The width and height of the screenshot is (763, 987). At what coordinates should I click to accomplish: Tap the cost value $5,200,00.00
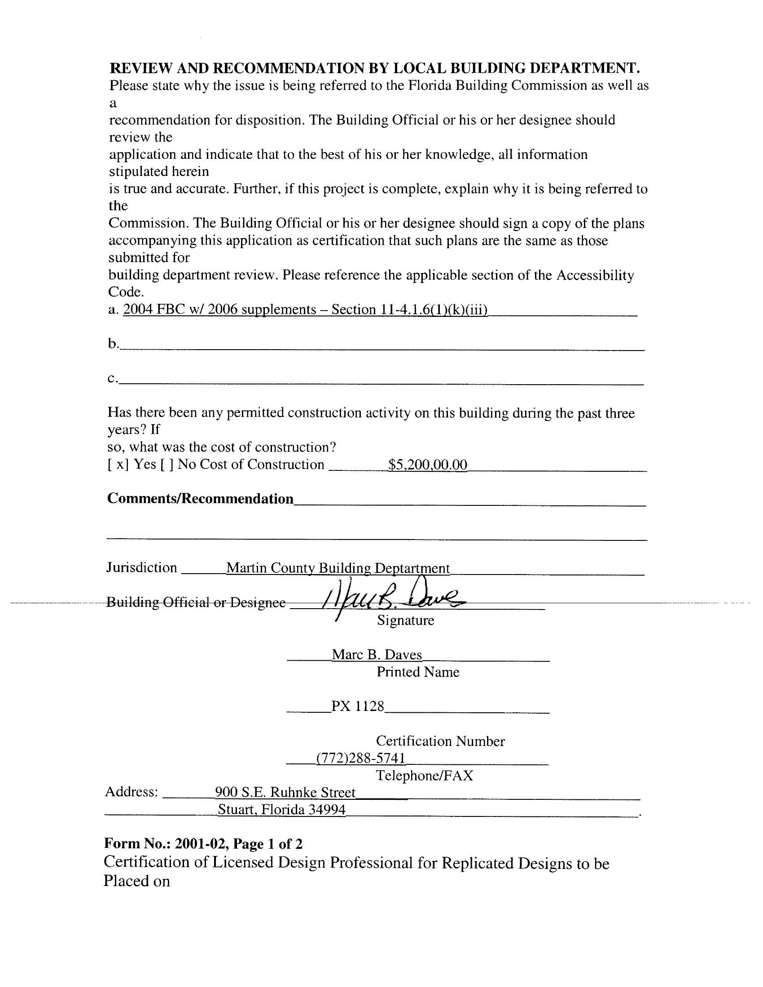coord(428,465)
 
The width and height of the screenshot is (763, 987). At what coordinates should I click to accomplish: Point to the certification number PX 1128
coord(358,706)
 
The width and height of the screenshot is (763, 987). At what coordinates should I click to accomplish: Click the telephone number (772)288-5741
coord(360,758)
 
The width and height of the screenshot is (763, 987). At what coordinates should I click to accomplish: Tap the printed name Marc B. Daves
coord(377,655)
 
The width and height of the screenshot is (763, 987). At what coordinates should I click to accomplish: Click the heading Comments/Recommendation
coord(200,499)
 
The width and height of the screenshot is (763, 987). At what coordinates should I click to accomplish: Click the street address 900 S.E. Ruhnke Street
coord(285,792)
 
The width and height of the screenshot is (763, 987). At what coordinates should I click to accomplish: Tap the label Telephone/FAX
coord(425,776)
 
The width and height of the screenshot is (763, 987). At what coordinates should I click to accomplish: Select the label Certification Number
coord(440,741)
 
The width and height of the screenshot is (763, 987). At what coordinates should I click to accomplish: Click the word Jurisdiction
coord(141,567)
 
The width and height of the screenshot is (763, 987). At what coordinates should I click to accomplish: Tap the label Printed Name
coord(418,672)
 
